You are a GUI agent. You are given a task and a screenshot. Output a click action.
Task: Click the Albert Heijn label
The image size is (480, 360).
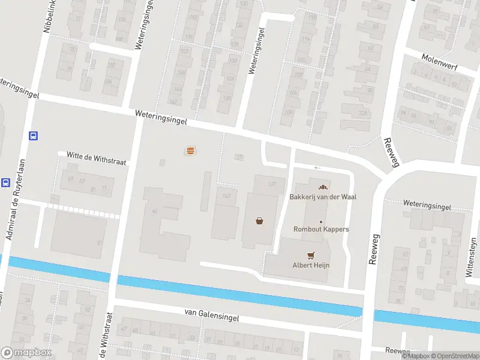click(311, 265)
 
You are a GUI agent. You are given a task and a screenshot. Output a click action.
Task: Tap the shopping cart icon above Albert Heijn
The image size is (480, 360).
click(311, 254)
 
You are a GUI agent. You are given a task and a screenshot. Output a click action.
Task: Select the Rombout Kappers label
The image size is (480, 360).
click(321, 229)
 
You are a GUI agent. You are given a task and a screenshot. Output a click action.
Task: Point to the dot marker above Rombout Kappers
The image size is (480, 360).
click(321, 221)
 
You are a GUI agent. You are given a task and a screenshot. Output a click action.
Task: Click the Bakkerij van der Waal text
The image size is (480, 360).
click(319, 197)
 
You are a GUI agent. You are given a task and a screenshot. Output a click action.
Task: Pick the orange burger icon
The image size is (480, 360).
click(190, 151)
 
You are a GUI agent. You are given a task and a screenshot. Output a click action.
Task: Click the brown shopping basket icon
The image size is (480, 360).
click(260, 220)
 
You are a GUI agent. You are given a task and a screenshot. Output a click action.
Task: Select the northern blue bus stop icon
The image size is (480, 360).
click(34, 136)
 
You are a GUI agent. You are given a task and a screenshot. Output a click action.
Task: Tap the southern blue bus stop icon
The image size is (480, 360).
click(5, 182)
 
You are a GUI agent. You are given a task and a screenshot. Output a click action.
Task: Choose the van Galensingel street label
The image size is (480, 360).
click(212, 316)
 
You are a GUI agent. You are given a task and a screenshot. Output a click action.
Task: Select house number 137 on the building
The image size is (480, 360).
click(272, 184)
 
